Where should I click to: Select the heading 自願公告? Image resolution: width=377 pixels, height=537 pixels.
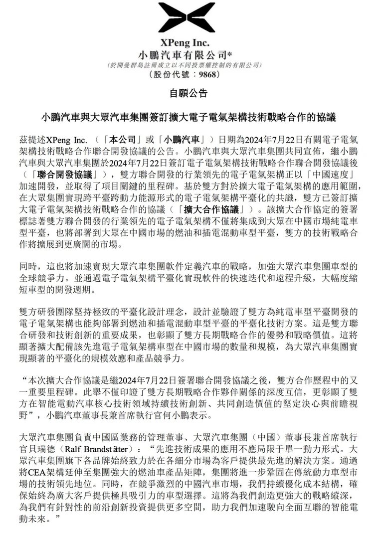188,94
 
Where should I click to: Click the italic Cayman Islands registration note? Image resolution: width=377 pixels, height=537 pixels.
188,65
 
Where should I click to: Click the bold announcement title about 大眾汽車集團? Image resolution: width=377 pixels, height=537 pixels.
188,118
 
